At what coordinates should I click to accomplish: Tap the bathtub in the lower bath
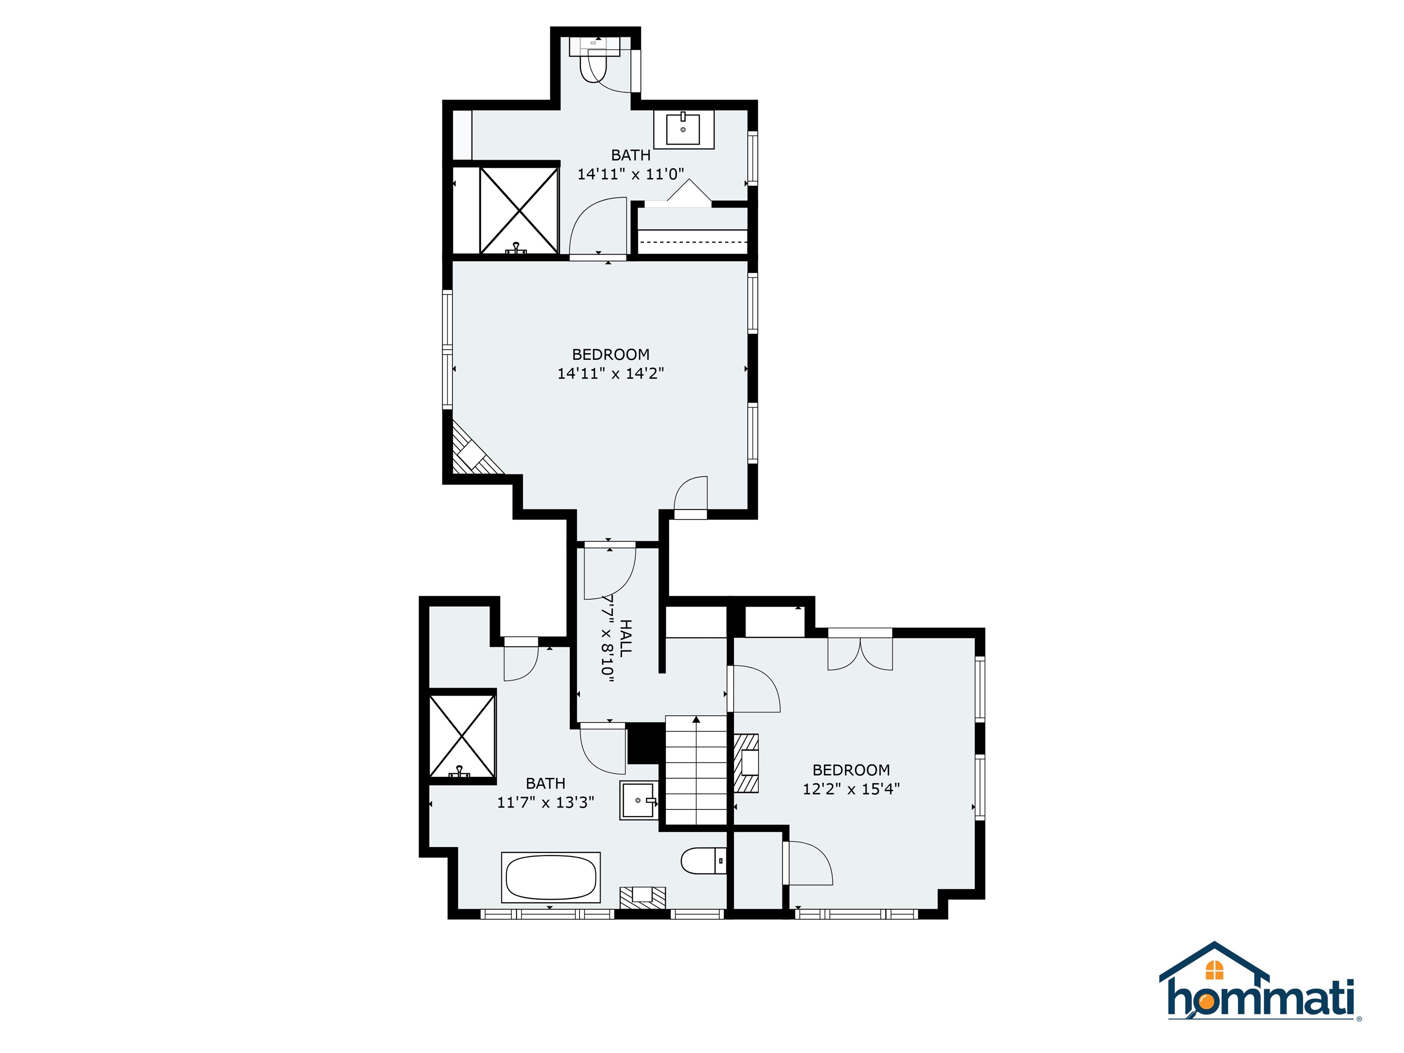tap(550, 877)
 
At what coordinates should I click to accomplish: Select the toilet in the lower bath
tap(702, 861)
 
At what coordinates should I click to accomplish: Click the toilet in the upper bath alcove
tap(594, 60)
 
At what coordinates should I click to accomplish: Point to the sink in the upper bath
tap(683, 129)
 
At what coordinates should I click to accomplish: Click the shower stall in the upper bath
tap(519, 210)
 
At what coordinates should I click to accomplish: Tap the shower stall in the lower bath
tap(462, 736)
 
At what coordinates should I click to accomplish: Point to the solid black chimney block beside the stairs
tap(645, 745)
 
